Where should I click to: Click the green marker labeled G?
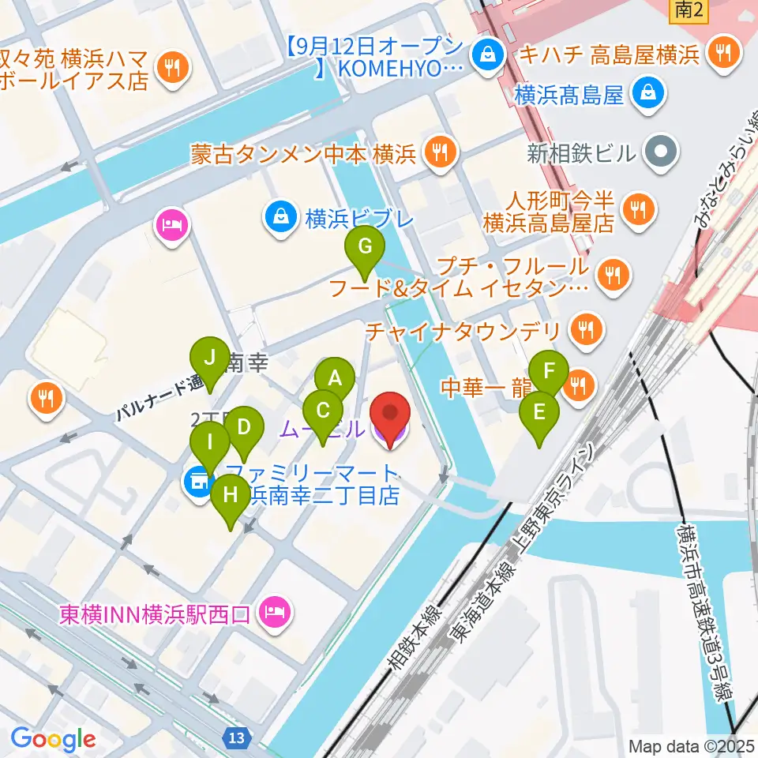364,248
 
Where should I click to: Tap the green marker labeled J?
209,358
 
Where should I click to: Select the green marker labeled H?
230,497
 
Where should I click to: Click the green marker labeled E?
539,413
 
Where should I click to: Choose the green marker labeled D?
244,429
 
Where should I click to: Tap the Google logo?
53,739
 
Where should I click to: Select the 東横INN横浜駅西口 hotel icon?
276,610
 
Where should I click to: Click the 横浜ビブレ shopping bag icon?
280,216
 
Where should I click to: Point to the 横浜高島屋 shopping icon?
647,94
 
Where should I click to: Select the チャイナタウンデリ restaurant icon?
584,330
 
